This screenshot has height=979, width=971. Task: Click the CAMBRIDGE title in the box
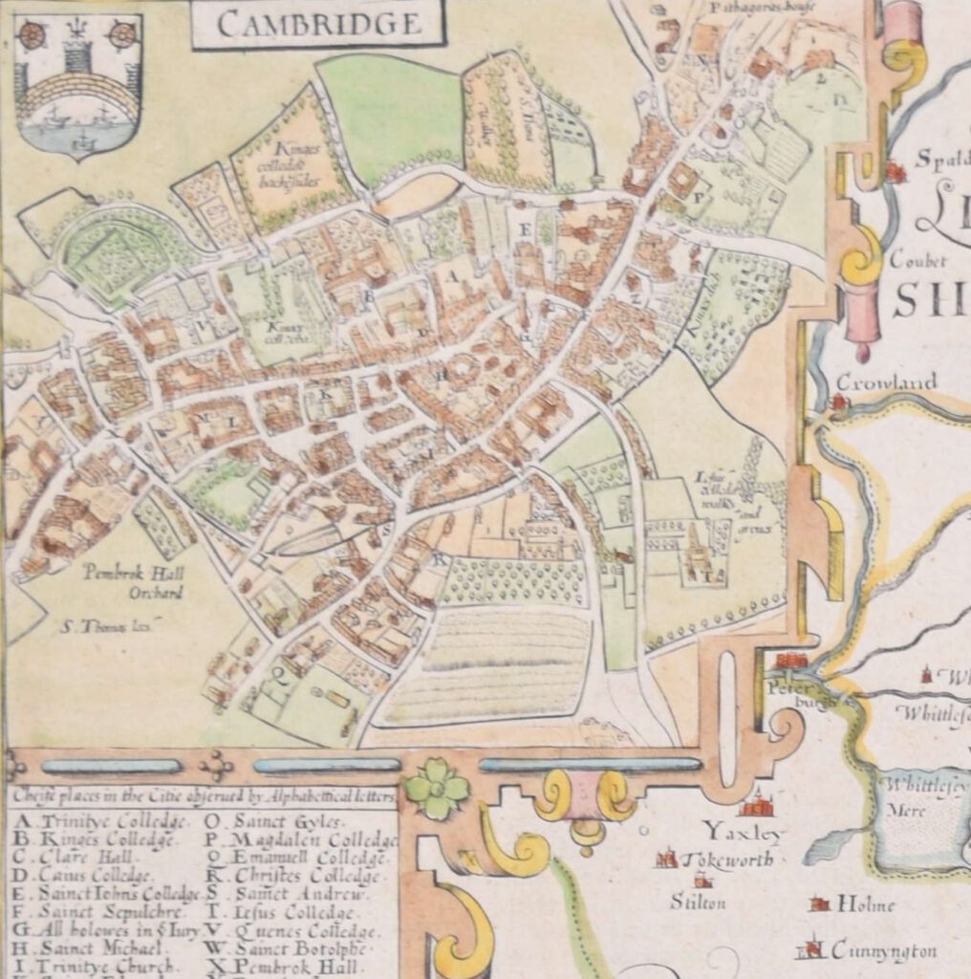pyautogui.click(x=318, y=24)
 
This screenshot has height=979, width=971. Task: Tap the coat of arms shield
pyautogui.click(x=78, y=83)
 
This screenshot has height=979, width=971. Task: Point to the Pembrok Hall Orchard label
pyautogui.click(x=132, y=582)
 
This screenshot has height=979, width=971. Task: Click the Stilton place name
pyautogui.click(x=698, y=902)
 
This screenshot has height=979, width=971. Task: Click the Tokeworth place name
pyautogui.click(x=726, y=859)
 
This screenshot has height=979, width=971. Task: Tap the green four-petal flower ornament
pyautogui.click(x=437, y=790)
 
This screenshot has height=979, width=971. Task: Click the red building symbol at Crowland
pyautogui.click(x=839, y=402)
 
